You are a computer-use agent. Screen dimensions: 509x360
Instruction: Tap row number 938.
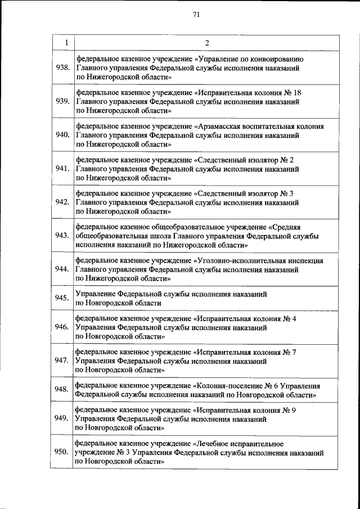tap(62, 67)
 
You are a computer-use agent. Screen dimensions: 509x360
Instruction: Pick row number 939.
tap(62, 101)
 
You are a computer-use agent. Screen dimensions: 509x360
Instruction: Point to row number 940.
tap(62, 135)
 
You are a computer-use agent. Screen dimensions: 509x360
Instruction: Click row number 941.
tap(62, 169)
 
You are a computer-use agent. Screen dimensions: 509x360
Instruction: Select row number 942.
tap(62, 202)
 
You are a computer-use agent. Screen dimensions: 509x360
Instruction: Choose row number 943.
tap(62, 236)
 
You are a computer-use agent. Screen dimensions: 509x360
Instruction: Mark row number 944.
tap(62, 269)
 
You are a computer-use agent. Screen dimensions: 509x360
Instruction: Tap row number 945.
tap(62, 298)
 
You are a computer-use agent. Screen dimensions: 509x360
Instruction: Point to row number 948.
tap(62, 390)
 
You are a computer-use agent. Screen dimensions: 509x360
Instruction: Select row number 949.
tap(62, 418)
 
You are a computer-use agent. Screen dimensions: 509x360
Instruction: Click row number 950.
tap(62, 452)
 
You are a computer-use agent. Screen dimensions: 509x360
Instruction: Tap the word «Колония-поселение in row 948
tap(226, 386)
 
